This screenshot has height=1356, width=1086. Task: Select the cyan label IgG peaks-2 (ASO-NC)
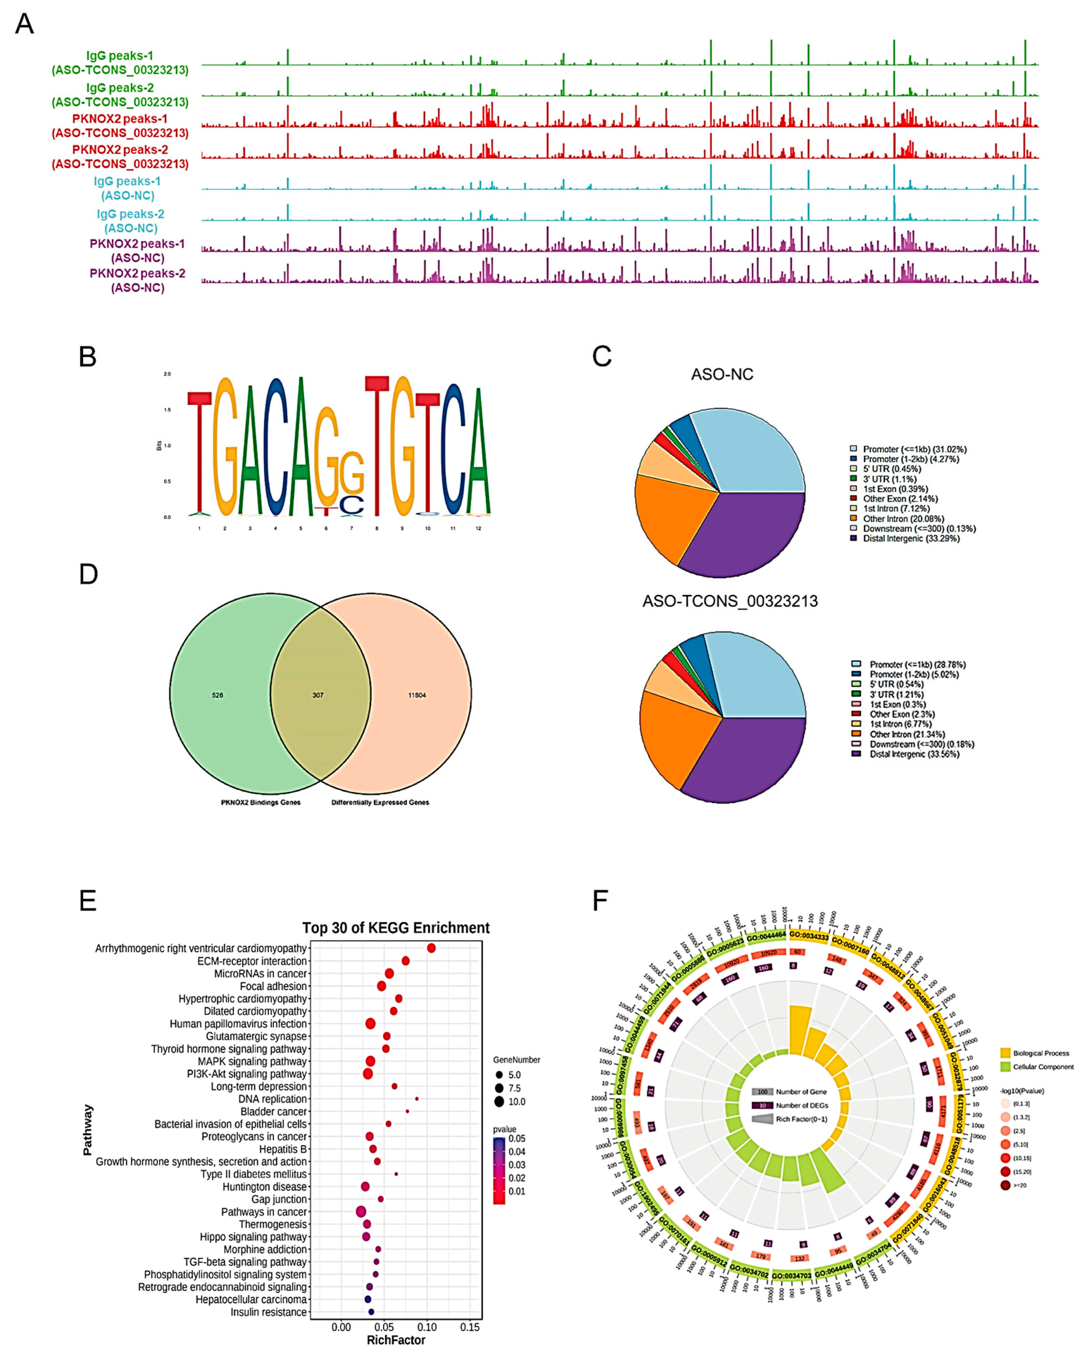tap(130, 221)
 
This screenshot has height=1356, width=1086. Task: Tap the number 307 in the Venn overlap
tap(318, 695)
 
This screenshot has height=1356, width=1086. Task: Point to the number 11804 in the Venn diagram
tap(417, 695)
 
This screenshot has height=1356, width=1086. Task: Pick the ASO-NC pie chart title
tap(722, 375)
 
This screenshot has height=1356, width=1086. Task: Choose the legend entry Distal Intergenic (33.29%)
tap(910, 538)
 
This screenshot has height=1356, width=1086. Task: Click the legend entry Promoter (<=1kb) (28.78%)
tap(917, 664)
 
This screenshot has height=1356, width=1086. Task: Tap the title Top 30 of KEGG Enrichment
tap(396, 928)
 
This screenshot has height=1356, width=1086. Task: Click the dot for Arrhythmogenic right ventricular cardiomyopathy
tap(431, 948)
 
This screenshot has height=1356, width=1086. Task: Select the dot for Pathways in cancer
tap(360, 1211)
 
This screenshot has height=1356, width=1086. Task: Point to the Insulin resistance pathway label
tap(268, 1312)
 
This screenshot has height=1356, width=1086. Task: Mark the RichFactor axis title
tap(396, 1340)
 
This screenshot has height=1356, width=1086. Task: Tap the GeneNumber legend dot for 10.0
tap(499, 1101)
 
